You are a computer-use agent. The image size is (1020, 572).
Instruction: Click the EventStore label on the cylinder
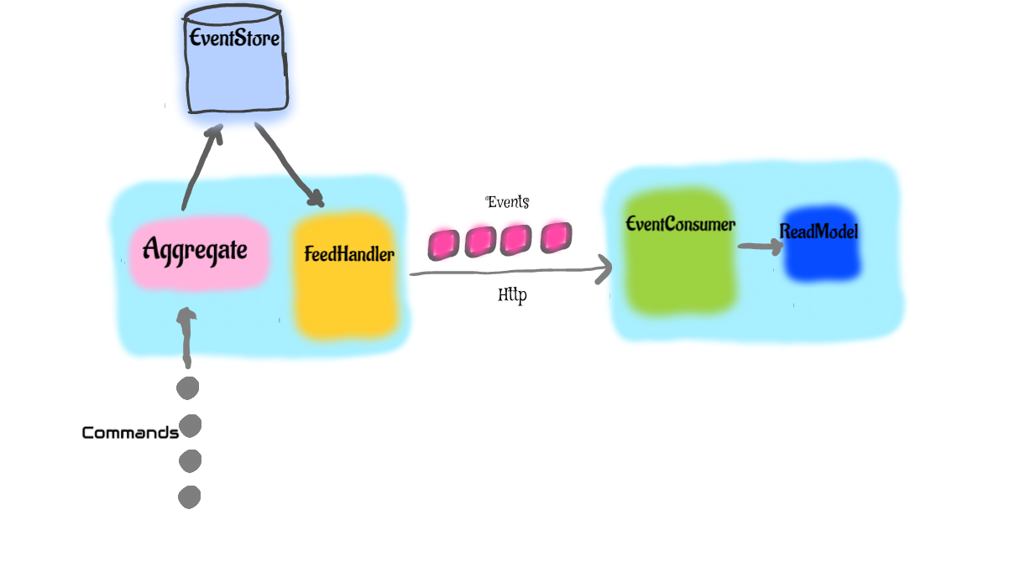(x=234, y=39)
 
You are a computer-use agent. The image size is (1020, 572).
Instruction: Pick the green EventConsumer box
(x=678, y=252)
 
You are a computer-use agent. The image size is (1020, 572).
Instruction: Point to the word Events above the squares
(x=508, y=202)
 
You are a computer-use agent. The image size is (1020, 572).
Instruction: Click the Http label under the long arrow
(x=512, y=295)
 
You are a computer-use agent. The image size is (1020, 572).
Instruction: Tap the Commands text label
(x=130, y=433)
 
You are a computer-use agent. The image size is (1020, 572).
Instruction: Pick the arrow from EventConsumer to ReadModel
(x=760, y=246)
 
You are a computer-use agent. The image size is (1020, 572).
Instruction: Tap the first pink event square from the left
(x=442, y=244)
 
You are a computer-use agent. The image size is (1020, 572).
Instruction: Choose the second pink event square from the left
(x=479, y=242)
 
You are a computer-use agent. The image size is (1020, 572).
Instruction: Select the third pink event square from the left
(x=516, y=240)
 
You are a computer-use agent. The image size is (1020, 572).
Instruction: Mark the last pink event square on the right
(x=556, y=237)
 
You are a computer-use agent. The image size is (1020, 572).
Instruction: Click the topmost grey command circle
(x=187, y=388)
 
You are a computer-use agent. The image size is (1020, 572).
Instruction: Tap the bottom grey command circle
(x=189, y=497)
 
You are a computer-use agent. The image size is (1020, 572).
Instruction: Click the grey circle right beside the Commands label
(x=191, y=426)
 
